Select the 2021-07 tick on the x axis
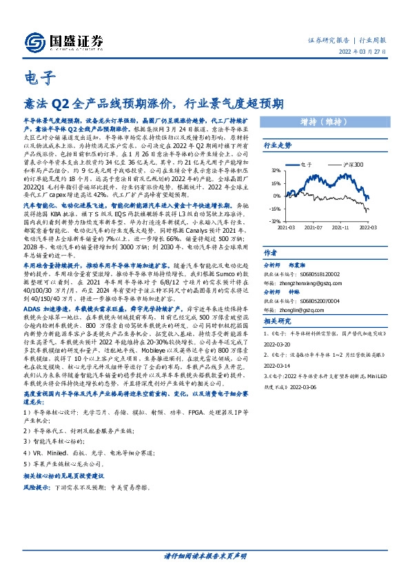(314, 226)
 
